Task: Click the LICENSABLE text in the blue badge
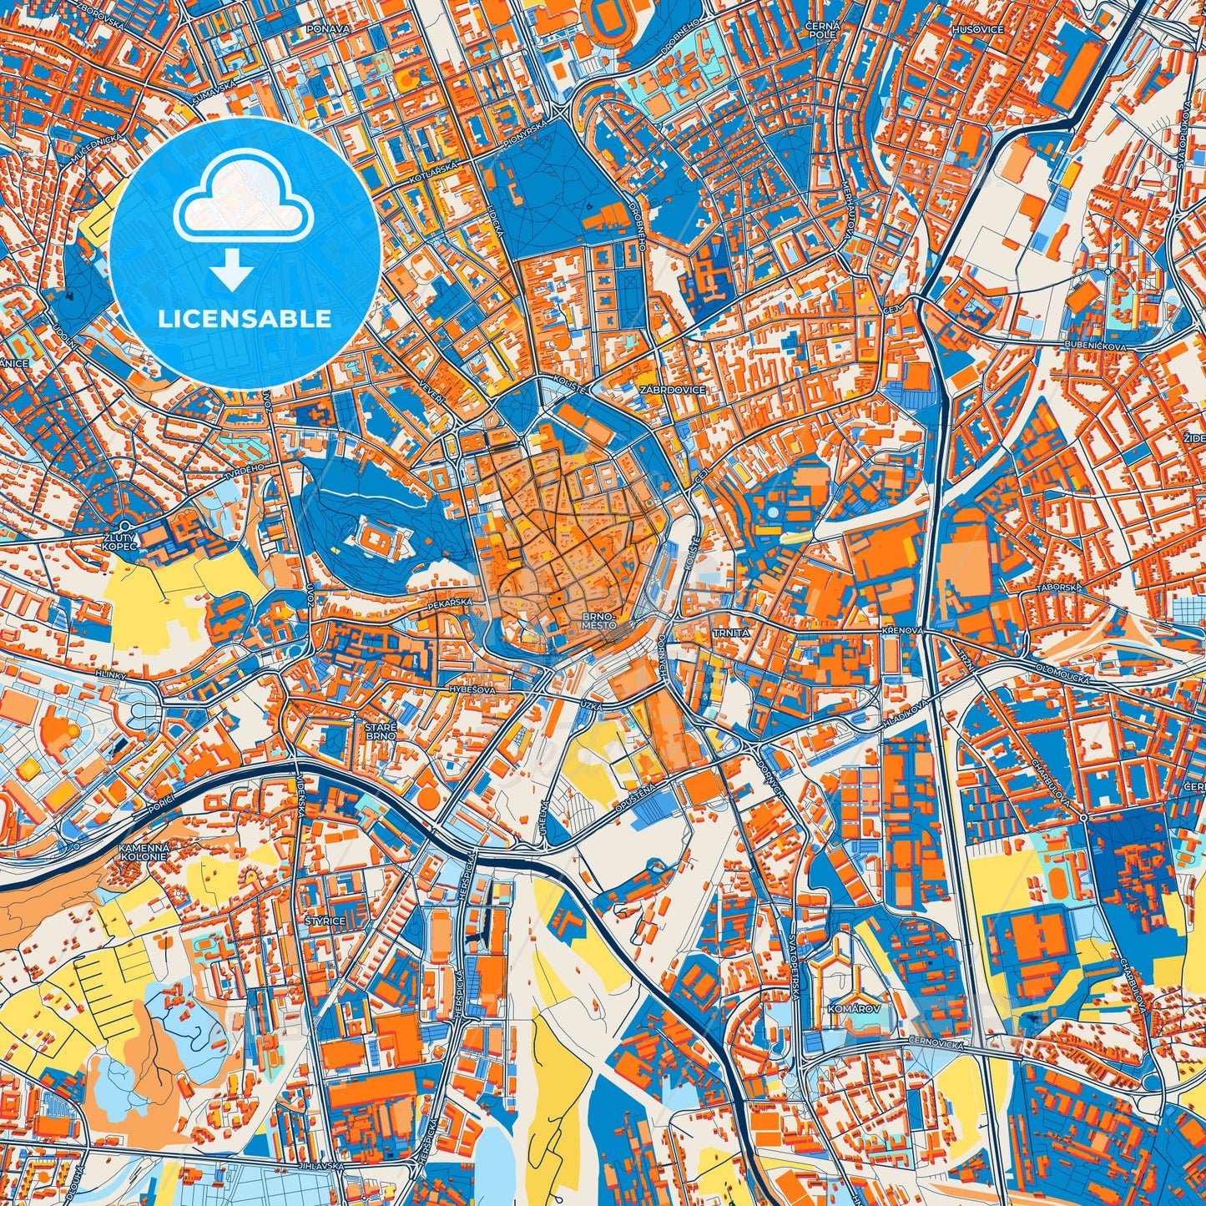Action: click(x=245, y=318)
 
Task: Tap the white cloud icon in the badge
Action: click(x=243, y=200)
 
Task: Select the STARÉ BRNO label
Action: click(x=380, y=732)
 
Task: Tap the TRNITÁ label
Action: click(x=731, y=633)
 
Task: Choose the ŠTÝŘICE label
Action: click(x=325, y=921)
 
